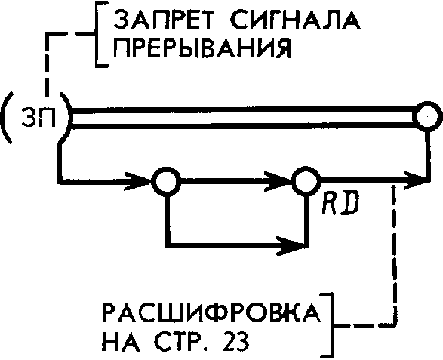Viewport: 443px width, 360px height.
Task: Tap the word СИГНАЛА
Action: [x=295, y=20]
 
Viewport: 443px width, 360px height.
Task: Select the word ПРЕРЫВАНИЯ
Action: [x=202, y=48]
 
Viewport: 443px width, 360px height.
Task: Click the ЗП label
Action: [x=38, y=118]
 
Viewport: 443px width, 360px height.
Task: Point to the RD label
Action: [x=340, y=202]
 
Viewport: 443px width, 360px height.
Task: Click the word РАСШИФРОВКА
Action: [x=211, y=314]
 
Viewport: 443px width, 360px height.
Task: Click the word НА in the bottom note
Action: [x=121, y=341]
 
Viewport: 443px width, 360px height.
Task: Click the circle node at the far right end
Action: [x=427, y=116]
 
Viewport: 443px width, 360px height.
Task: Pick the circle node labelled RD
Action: [x=306, y=180]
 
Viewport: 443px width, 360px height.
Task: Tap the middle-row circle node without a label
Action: [x=166, y=180]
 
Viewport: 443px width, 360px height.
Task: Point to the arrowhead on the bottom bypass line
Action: [x=291, y=245]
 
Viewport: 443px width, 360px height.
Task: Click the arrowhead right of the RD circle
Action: [x=416, y=180]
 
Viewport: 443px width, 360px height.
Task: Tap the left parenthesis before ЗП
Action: [x=6, y=117]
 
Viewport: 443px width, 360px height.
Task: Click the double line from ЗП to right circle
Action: [x=243, y=117]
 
